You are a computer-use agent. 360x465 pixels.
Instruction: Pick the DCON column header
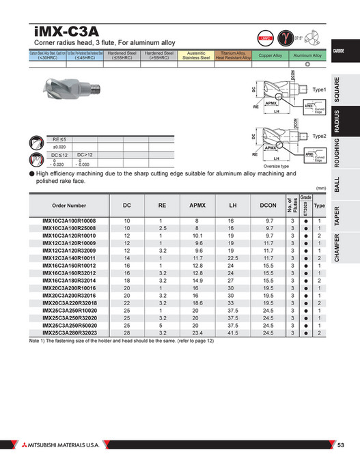coord(268,206)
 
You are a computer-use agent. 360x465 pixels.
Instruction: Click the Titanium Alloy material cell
coord(234,55)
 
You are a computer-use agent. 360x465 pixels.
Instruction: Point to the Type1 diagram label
coord(320,90)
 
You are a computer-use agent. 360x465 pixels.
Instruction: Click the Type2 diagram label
coord(320,137)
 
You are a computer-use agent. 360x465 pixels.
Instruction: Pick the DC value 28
coord(127,333)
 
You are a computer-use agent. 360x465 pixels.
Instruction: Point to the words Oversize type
coord(277,165)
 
